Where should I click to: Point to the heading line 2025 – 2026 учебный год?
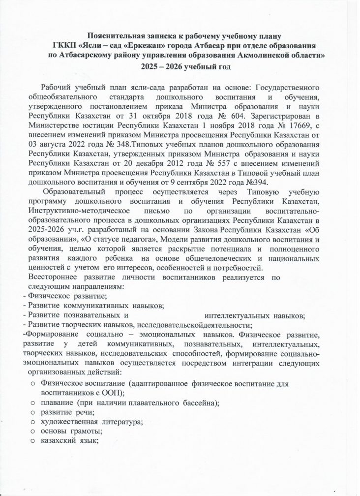pos(180,66)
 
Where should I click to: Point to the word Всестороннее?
pos(49,277)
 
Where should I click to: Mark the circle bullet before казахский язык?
pos(32,441)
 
